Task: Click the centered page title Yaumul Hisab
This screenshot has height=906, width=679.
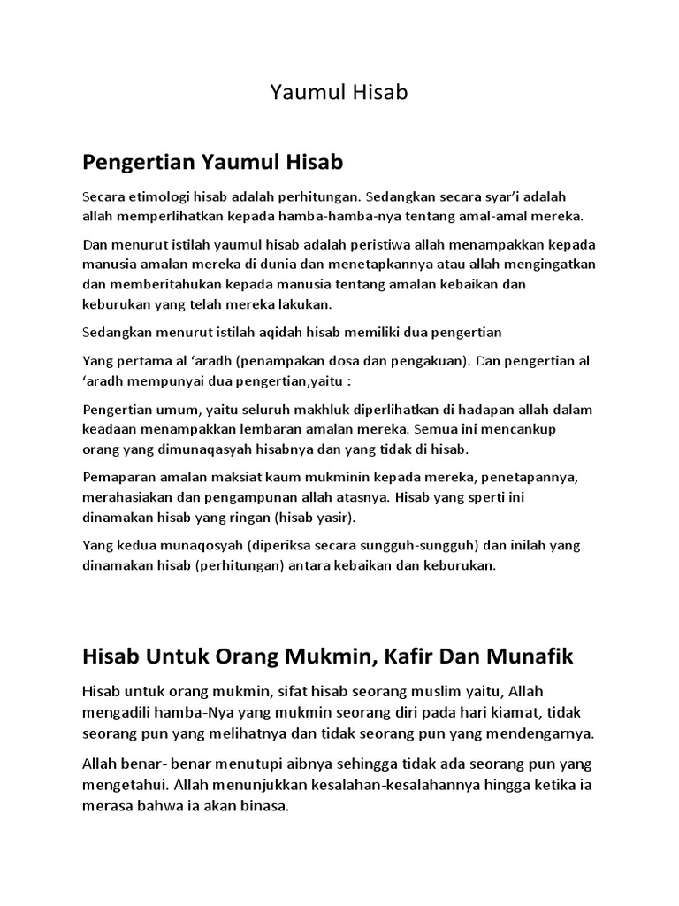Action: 339,92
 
